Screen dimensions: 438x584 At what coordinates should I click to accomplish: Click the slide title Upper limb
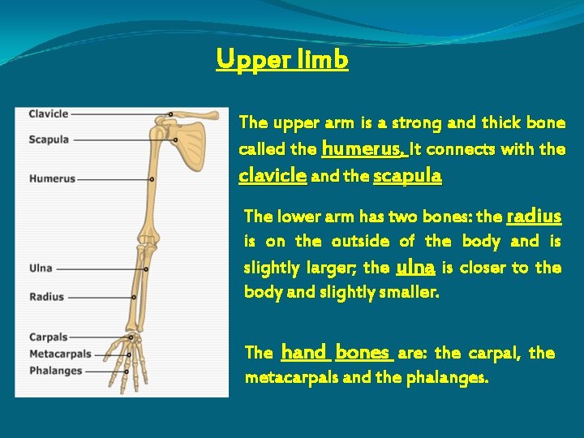pyautogui.click(x=282, y=60)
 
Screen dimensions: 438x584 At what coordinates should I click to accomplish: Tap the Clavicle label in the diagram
pyautogui.click(x=49, y=114)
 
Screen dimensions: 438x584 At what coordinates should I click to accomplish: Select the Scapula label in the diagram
pyautogui.click(x=49, y=140)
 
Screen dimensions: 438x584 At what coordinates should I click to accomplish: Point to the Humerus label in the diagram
pyautogui.click(x=52, y=178)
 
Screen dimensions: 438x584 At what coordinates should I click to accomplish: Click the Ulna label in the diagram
pyautogui.click(x=41, y=268)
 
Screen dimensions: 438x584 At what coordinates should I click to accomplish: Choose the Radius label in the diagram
pyautogui.click(x=46, y=297)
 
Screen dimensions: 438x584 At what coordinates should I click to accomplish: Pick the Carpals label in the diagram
pyautogui.click(x=49, y=337)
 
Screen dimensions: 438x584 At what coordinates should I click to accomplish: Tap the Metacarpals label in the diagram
pyautogui.click(x=60, y=354)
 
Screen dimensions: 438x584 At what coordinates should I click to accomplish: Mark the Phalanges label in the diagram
pyautogui.click(x=55, y=371)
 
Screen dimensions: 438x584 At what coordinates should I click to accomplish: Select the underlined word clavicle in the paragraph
pyautogui.click(x=273, y=175)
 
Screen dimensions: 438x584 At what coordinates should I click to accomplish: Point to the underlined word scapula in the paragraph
pyautogui.click(x=407, y=175)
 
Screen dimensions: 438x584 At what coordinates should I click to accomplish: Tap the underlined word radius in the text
pyautogui.click(x=533, y=216)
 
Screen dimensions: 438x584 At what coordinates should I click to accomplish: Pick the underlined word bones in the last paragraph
pyautogui.click(x=363, y=352)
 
